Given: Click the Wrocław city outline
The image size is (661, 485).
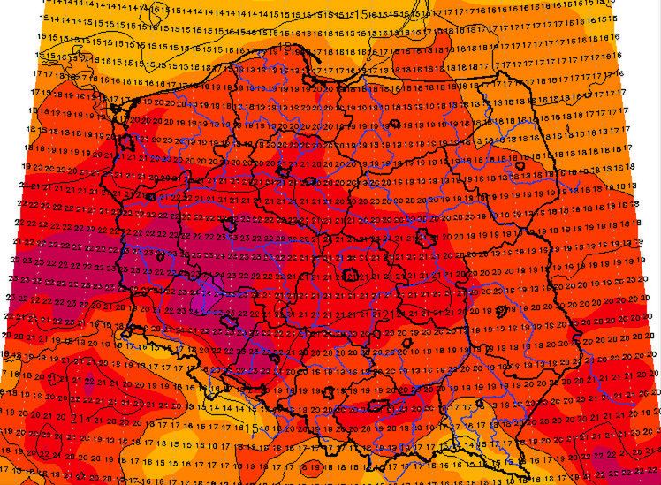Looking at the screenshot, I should [228, 322].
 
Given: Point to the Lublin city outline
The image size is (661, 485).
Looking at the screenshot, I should [505, 311].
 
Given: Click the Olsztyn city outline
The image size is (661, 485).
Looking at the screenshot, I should [396, 125].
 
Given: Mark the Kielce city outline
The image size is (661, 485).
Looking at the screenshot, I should [406, 339].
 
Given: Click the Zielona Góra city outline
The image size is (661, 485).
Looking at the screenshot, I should [160, 257].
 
